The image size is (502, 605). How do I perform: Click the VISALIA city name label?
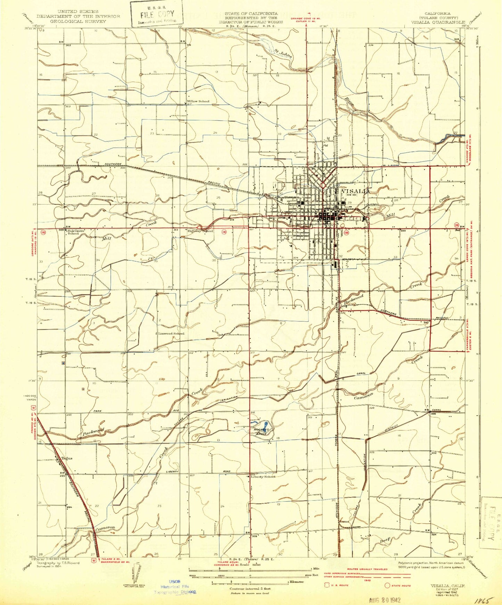356,191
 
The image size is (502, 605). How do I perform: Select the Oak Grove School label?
74,232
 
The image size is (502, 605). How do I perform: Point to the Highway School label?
200,231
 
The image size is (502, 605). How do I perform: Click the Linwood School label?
171,333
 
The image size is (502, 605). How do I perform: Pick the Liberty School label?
263,477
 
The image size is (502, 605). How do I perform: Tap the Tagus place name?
67,458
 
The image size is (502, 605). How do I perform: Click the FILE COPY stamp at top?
157,15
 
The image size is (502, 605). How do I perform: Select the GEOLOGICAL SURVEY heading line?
78,21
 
